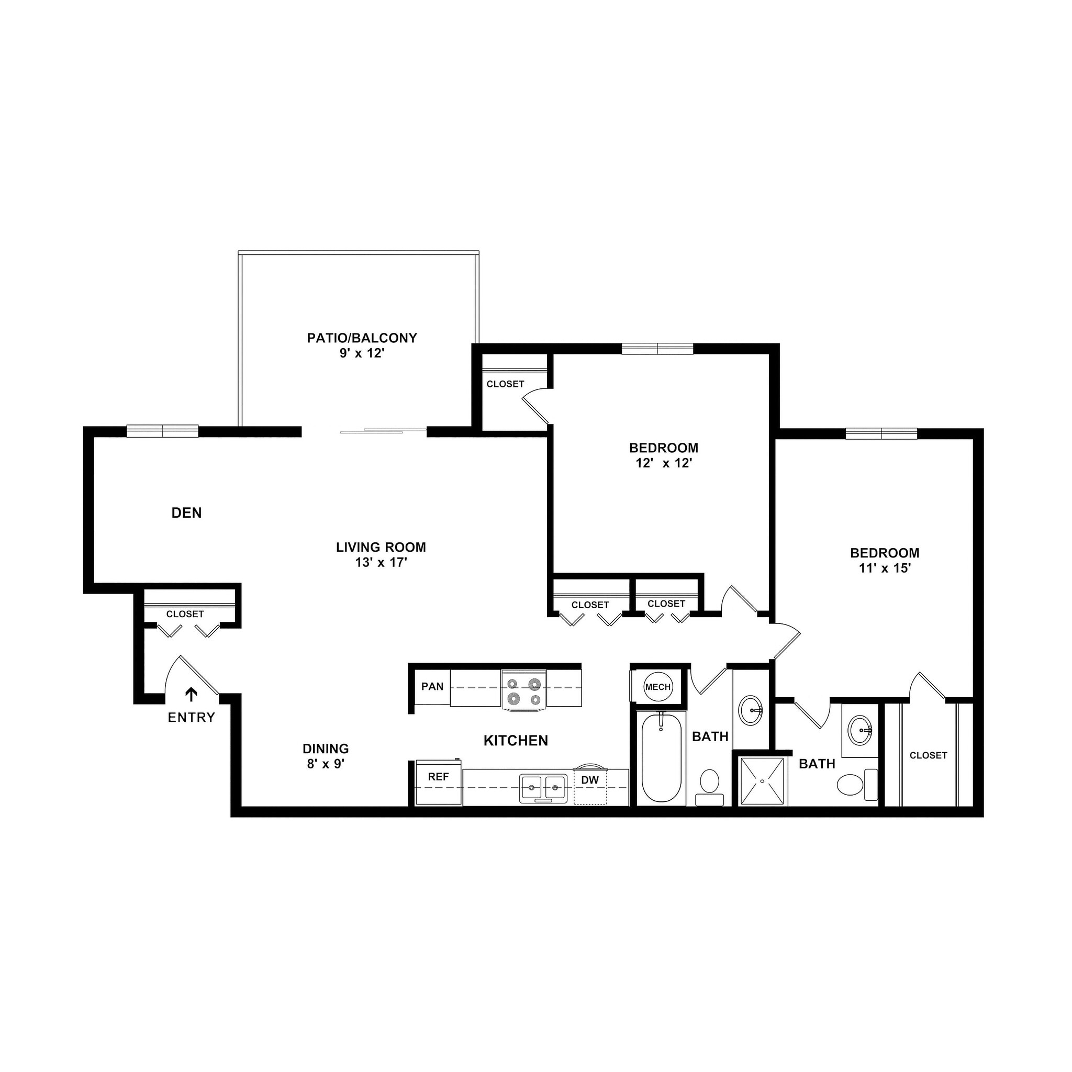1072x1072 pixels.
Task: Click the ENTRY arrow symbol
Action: tap(192, 695)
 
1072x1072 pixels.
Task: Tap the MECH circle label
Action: tap(658, 687)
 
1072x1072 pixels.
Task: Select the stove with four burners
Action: tap(524, 689)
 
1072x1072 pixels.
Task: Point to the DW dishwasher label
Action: tap(590, 780)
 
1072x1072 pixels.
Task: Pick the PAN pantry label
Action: tap(432, 686)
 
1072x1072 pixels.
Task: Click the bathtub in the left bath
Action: tap(662, 757)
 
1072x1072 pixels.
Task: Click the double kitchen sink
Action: tap(543, 788)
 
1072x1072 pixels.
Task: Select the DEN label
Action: tap(186, 513)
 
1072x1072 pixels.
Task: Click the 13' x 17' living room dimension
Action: tap(381, 563)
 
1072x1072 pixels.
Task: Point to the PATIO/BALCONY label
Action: tap(362, 338)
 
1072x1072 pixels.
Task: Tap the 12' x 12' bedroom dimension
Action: tap(664, 463)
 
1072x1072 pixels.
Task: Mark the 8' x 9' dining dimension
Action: tap(326, 764)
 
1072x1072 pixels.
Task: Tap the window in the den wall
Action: tap(162, 431)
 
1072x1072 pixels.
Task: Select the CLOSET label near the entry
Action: tap(185, 614)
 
